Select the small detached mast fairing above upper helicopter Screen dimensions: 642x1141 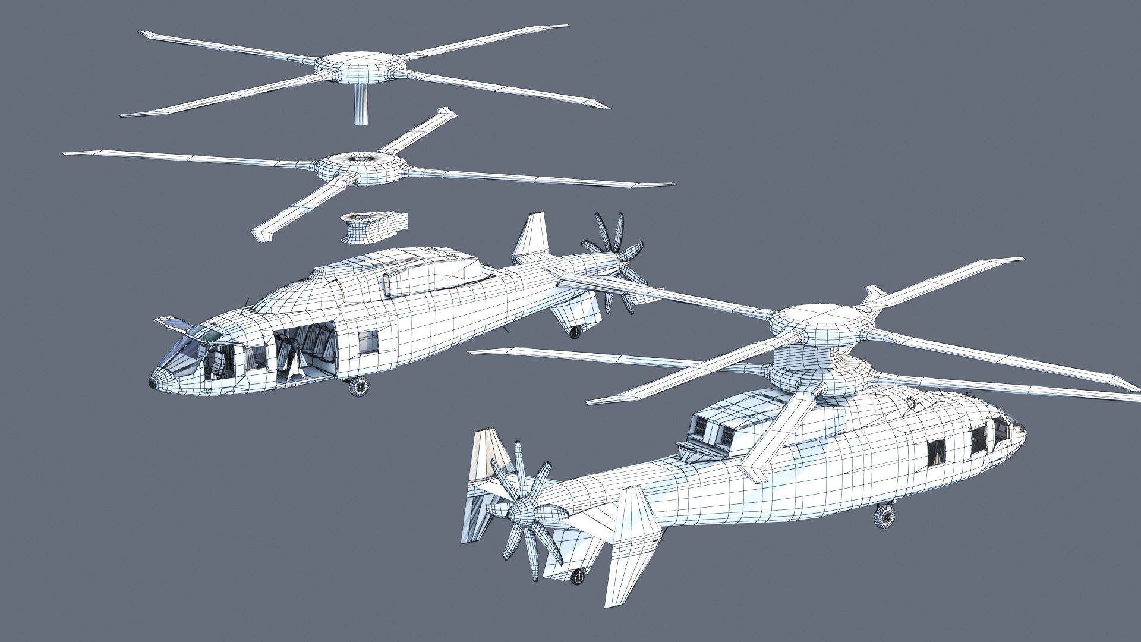coord(373,226)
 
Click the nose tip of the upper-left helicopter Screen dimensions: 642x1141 coord(153,383)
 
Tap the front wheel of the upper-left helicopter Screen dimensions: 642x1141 coord(358,387)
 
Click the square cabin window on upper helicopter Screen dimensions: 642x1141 coord(368,341)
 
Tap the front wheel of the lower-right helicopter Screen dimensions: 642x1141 coord(885,515)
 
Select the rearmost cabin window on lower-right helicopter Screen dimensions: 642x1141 coord(937,452)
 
